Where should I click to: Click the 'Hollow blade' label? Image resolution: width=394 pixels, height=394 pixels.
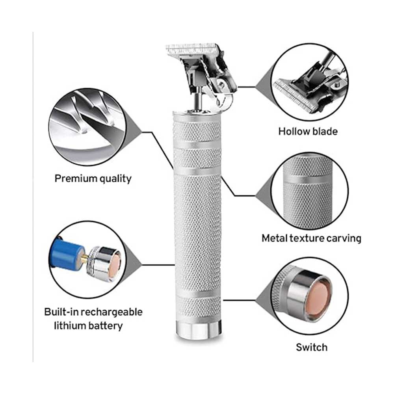pyautogui.click(x=308, y=132)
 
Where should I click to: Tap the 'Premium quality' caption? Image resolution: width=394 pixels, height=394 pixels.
pyautogui.click(x=93, y=178)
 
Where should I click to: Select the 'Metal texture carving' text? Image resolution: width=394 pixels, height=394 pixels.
pyautogui.click(x=311, y=238)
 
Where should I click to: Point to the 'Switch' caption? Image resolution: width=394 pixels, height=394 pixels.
pyautogui.click(x=312, y=347)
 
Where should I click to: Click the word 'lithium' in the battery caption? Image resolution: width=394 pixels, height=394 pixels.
pyautogui.click(x=70, y=326)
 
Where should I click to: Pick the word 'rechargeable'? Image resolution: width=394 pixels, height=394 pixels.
pyautogui.click(x=112, y=312)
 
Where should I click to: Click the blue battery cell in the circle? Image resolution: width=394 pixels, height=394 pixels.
pyautogui.click(x=67, y=255)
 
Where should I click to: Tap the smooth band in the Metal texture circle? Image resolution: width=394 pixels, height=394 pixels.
pyautogui.click(x=308, y=180)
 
